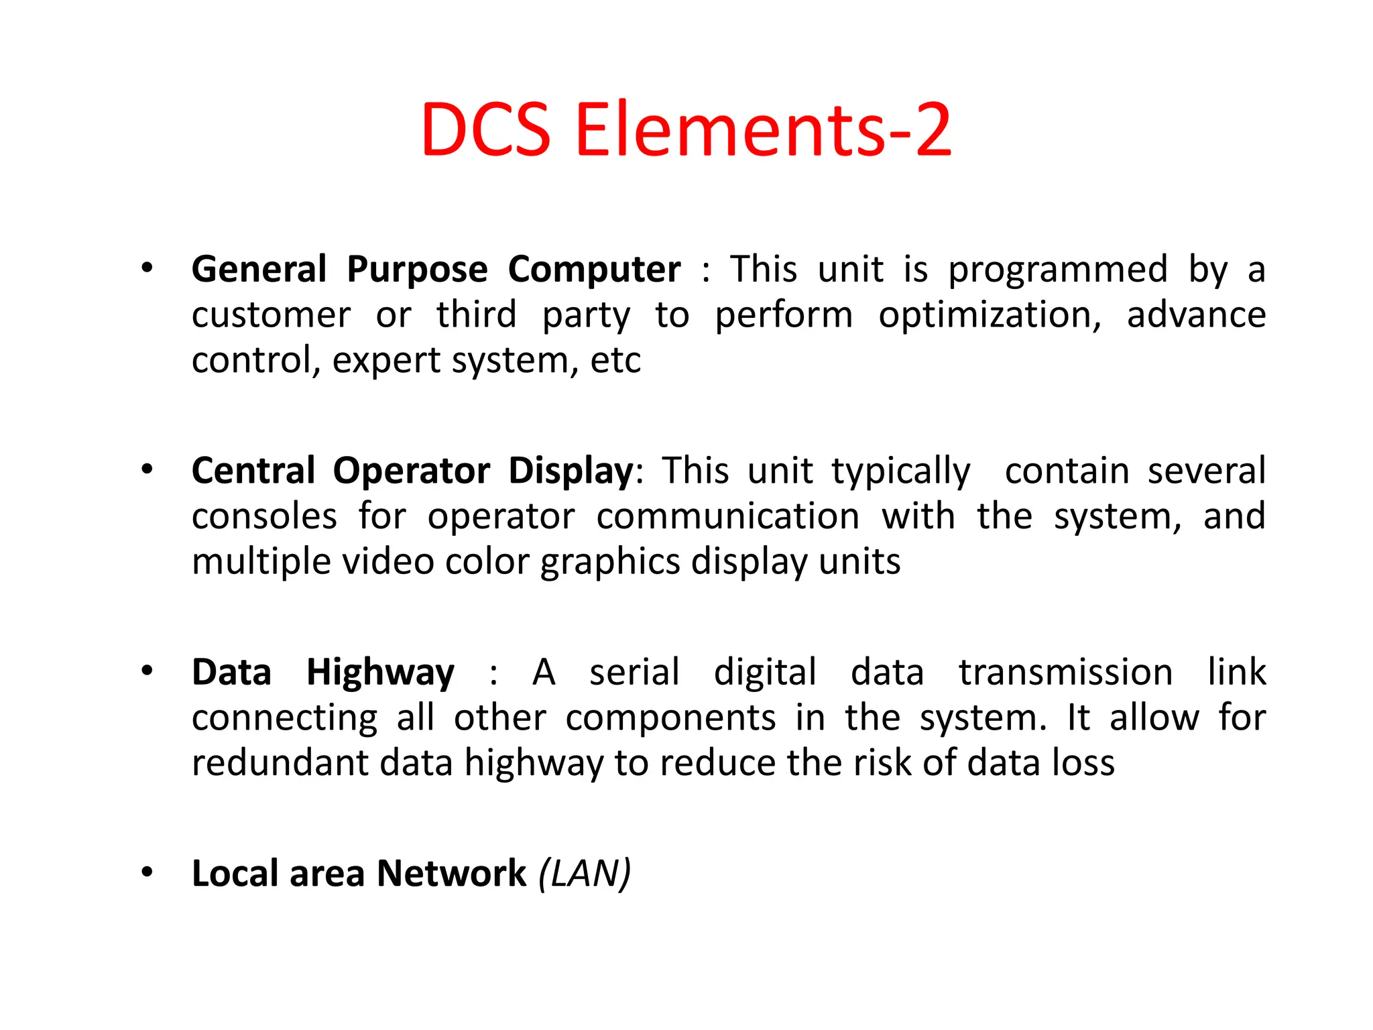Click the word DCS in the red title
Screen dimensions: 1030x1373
click(x=486, y=129)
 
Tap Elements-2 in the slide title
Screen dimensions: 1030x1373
click(x=763, y=129)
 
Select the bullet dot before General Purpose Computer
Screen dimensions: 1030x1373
click(x=147, y=268)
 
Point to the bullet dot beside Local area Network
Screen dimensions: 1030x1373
click(x=147, y=872)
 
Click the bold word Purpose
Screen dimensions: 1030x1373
click(x=417, y=270)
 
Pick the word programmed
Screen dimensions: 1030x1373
click(x=1058, y=270)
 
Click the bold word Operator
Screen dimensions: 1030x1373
click(x=412, y=470)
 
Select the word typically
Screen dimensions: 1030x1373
click(x=901, y=471)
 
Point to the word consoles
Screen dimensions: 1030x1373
click(x=264, y=516)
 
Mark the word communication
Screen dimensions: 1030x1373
click(x=728, y=516)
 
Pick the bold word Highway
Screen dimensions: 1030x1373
click(x=380, y=673)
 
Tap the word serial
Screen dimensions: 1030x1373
click(x=634, y=672)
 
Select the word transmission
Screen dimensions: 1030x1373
click(x=1065, y=672)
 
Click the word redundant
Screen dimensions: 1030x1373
click(x=280, y=763)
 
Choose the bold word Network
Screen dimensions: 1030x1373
click(x=451, y=873)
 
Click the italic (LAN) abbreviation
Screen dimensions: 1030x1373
click(x=585, y=873)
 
